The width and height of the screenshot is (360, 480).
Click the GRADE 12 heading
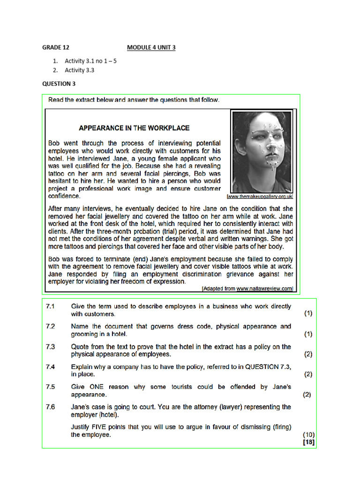tap(56, 47)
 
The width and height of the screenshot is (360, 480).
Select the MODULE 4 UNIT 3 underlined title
tap(151, 47)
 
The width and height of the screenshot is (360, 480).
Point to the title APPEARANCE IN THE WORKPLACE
tap(134, 127)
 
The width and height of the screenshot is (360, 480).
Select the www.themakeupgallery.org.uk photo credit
tap(260, 196)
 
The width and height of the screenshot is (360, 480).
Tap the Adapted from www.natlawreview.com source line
tap(247, 289)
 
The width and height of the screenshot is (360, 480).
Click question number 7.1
tap(51, 306)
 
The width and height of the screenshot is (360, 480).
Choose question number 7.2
tap(51, 326)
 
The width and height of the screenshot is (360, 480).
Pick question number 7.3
tap(51, 347)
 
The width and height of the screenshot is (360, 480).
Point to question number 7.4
tap(51, 367)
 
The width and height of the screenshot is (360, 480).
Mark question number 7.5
tap(51, 387)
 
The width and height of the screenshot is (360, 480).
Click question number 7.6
tap(51, 407)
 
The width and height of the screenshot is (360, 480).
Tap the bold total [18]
tap(308, 442)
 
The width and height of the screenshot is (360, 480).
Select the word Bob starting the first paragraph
tap(55, 142)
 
